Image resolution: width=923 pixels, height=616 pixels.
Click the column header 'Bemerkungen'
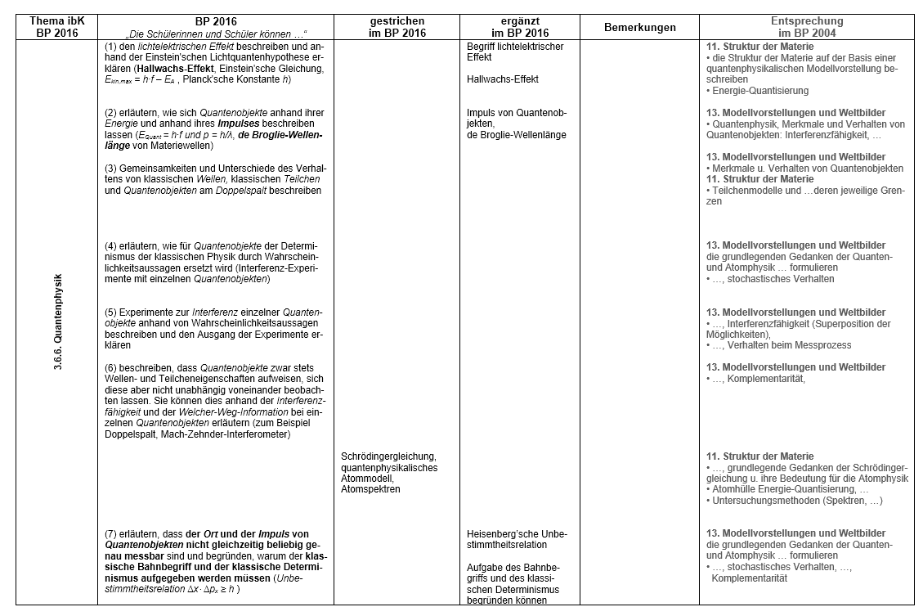coord(639,27)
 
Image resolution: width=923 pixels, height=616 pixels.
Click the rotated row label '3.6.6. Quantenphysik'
coord(58,322)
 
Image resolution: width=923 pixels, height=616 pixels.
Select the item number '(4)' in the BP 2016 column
coord(112,246)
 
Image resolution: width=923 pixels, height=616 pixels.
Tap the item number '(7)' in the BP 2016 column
coord(112,534)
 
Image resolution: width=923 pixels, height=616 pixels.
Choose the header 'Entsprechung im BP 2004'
coord(807,27)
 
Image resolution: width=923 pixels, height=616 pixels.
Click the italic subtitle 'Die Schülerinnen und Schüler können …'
coord(213,33)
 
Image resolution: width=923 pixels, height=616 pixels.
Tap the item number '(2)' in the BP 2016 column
coord(112,113)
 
